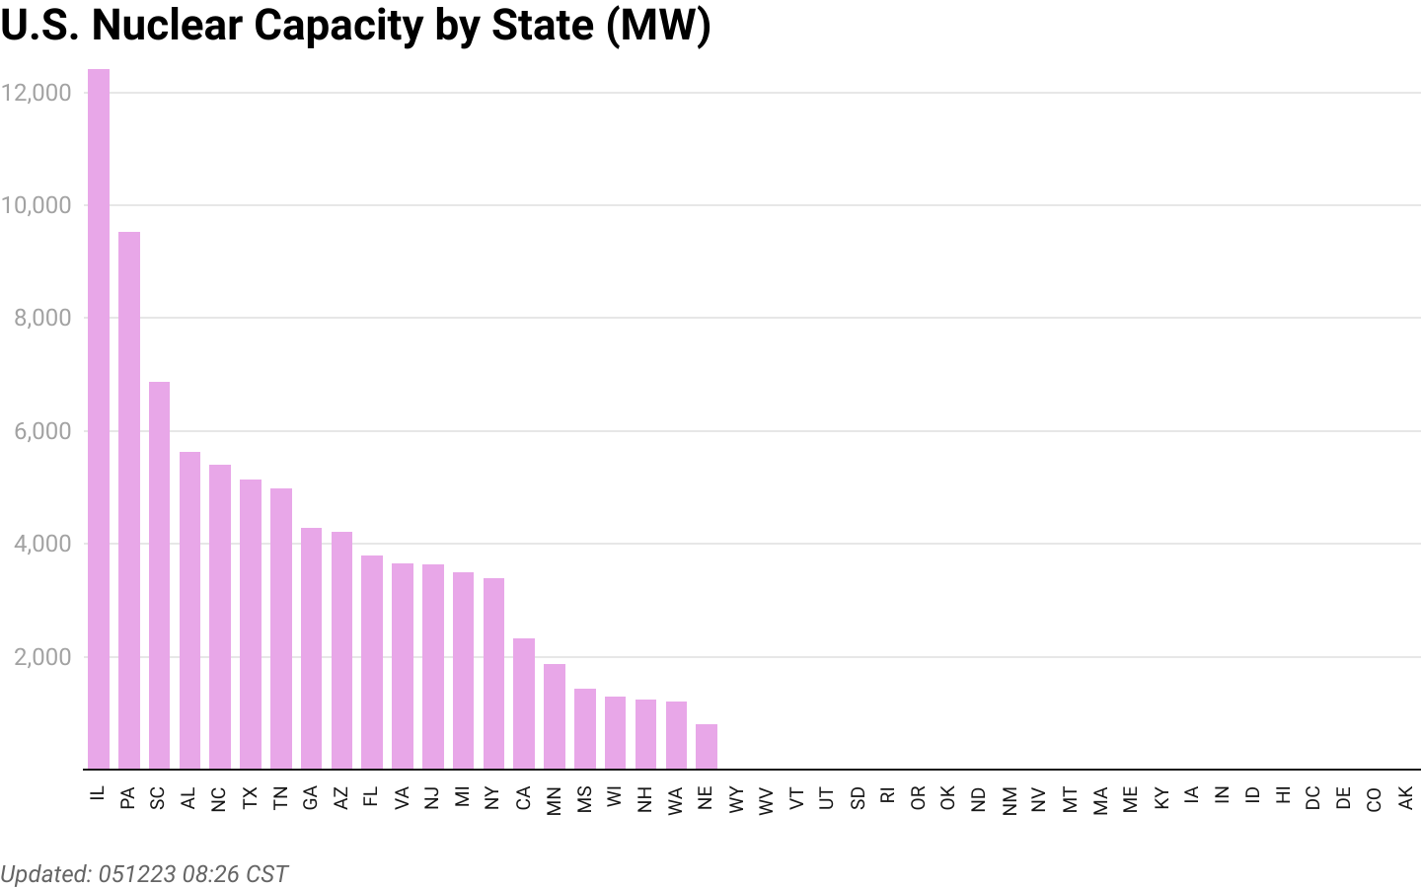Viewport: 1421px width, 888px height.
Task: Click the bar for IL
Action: pos(99,419)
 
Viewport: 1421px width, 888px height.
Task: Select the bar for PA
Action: pos(129,500)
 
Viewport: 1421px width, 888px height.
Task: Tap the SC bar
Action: pos(159,575)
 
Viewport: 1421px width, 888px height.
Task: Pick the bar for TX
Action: pos(251,624)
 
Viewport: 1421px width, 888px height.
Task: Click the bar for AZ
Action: pos(341,650)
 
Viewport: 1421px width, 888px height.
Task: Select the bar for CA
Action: pos(524,703)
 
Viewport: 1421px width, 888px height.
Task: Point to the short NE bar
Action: pos(707,747)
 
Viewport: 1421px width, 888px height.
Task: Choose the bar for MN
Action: pos(555,716)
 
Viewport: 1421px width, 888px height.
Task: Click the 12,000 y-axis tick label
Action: pos(37,93)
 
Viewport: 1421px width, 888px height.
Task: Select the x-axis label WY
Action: pos(737,798)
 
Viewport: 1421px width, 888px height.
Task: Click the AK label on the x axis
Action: pos(1406,797)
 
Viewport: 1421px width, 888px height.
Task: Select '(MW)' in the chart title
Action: pos(658,25)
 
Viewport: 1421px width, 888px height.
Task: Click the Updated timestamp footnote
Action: pos(144,874)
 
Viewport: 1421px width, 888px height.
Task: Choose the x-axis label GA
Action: pos(311,797)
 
